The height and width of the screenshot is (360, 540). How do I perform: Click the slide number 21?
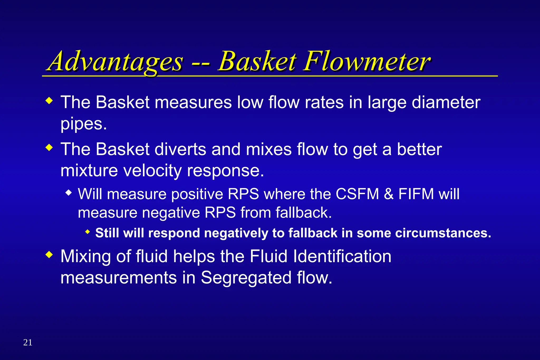(x=28, y=342)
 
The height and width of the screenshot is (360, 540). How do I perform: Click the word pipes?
(x=84, y=124)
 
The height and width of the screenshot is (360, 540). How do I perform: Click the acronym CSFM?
(x=357, y=194)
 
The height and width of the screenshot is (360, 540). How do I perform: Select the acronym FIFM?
(x=416, y=194)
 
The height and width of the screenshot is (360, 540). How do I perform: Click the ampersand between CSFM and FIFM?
(x=389, y=194)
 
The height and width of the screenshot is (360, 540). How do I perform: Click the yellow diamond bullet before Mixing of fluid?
(x=49, y=255)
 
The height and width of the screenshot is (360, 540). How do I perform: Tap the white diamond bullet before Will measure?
(x=69, y=193)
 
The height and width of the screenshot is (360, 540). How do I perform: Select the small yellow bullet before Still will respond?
(x=88, y=232)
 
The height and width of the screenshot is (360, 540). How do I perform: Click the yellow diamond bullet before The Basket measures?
(x=49, y=101)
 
